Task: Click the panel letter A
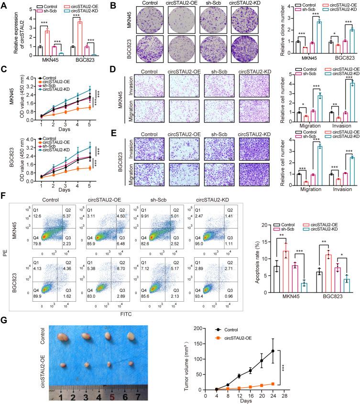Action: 4,5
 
